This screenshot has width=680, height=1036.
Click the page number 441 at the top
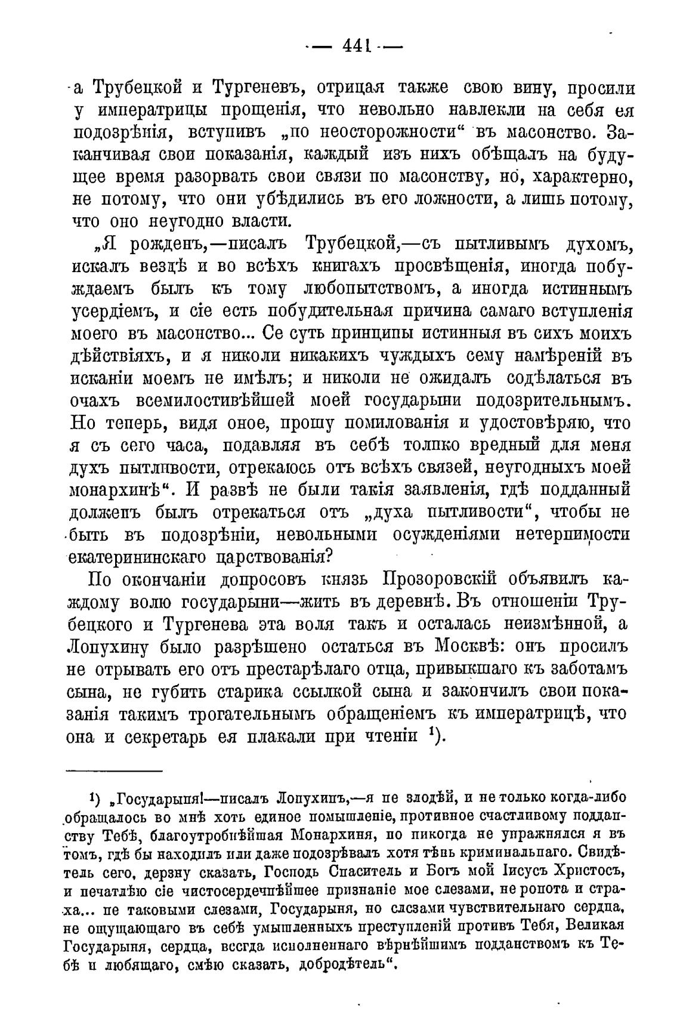[356, 47]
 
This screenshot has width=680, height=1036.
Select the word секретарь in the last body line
[184, 736]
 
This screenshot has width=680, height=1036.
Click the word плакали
[284, 736]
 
